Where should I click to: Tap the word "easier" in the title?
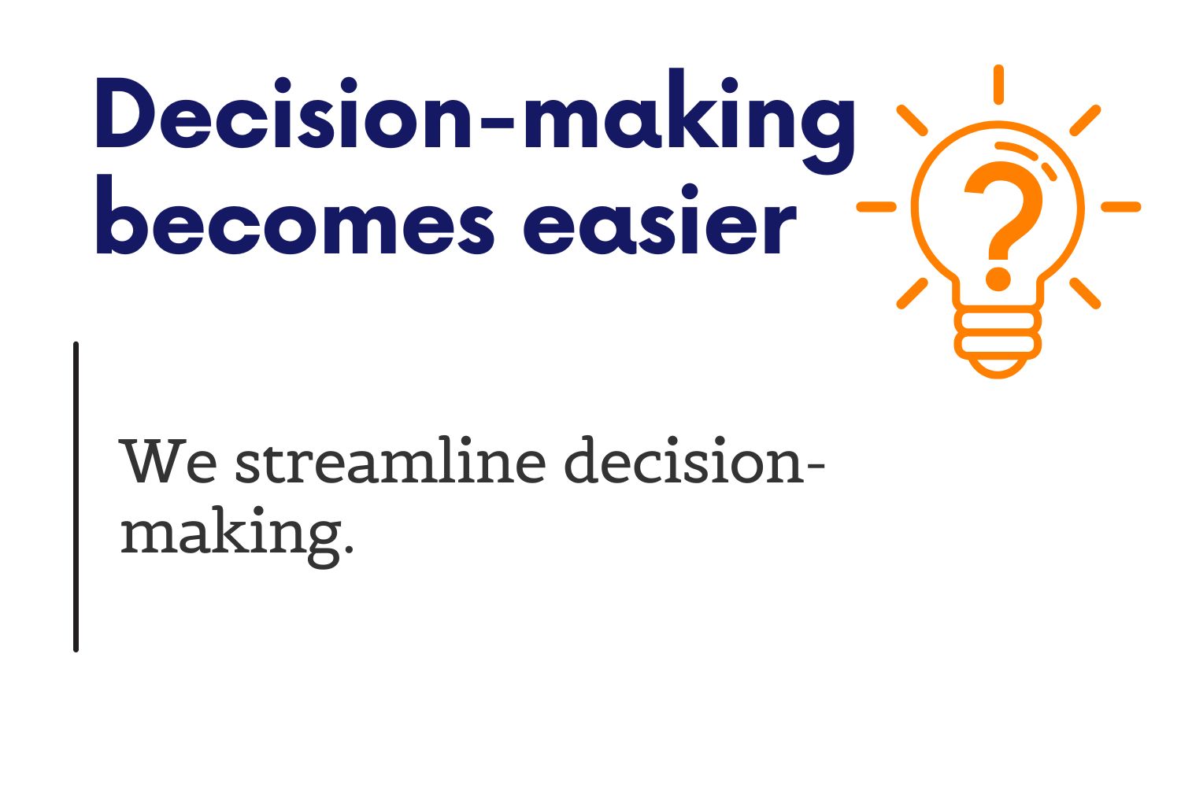[660, 220]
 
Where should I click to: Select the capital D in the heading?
[127, 113]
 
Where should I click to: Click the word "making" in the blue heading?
[689, 120]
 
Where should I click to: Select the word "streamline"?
[391, 460]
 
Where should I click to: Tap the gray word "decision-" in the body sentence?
[694, 460]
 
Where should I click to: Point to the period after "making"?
[349, 549]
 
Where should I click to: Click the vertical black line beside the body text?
[76, 497]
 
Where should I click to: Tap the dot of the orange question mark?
[998, 279]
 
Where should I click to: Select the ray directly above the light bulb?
[998, 84]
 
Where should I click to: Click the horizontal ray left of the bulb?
[876, 207]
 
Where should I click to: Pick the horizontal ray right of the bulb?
[1121, 207]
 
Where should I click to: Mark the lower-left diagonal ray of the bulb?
[912, 294]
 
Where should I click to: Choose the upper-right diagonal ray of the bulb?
[1085, 120]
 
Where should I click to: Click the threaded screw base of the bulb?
[998, 342]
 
